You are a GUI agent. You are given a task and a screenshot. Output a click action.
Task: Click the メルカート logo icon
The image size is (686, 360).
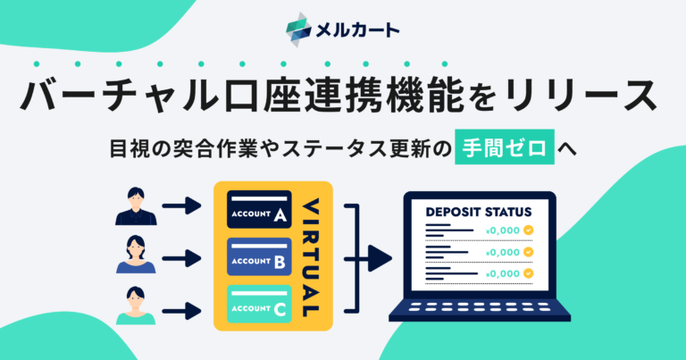299,29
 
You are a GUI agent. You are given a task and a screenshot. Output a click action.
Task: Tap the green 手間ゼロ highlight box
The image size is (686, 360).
505,147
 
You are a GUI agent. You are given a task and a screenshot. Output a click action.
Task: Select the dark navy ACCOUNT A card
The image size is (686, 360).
259,210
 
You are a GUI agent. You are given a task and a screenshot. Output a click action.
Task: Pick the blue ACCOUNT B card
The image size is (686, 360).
259,256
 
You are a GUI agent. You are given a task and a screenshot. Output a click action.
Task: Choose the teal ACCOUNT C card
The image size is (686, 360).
259,304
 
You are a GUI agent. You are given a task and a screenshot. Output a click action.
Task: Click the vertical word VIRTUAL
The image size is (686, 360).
311,257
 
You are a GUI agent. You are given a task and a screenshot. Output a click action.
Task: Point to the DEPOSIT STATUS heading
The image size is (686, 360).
479,212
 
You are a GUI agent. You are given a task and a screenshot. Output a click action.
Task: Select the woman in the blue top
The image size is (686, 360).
136,255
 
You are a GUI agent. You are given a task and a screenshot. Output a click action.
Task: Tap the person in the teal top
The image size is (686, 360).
136,306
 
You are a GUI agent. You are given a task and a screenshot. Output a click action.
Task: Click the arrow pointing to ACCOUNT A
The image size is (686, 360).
181,205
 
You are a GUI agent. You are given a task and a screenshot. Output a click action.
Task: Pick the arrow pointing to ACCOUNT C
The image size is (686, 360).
181,312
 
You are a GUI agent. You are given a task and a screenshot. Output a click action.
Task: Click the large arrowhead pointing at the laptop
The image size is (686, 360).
380,259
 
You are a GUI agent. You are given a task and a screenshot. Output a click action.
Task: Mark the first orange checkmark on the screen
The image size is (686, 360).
529,230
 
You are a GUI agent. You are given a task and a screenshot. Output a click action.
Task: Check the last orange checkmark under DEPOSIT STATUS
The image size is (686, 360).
529,273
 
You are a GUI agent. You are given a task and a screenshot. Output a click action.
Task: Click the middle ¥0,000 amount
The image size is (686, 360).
503,253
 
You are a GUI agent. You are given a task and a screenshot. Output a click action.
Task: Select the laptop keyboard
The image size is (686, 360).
480,308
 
